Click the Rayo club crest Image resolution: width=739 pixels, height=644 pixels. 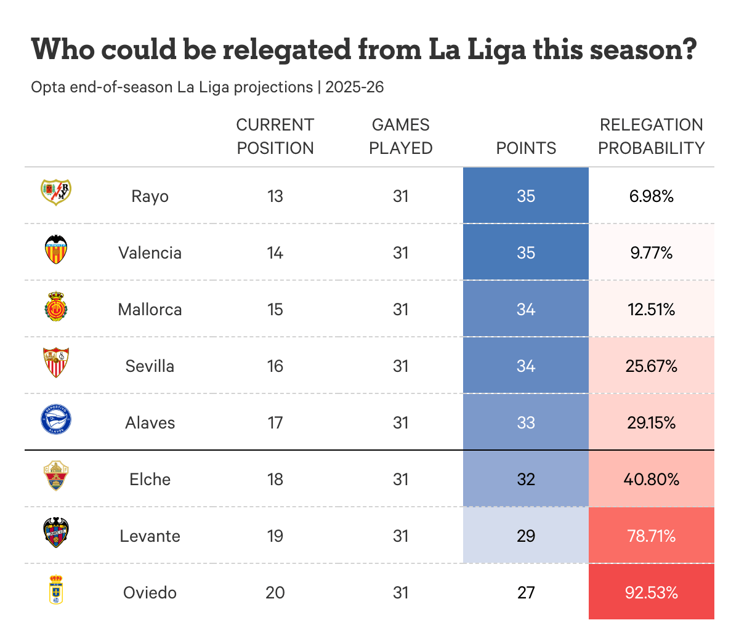tap(56, 192)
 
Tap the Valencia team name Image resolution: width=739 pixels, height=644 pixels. tap(150, 253)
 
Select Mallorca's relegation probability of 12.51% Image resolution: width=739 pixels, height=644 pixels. tap(651, 309)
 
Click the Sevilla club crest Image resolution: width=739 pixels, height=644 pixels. tap(56, 363)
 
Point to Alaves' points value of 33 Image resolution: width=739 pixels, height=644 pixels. tap(526, 423)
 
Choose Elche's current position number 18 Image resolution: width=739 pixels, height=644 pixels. tap(275, 480)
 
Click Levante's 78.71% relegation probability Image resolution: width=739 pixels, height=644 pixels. tap(651, 536)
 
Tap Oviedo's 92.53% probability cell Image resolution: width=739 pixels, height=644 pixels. tap(651, 593)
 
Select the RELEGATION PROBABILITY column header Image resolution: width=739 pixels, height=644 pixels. tap(651, 137)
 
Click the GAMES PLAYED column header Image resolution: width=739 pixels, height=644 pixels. tap(401, 137)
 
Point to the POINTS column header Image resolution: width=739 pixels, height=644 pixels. tap(526, 148)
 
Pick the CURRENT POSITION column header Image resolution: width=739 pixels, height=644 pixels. tap(275, 137)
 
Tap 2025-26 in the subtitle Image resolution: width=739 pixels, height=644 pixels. tap(355, 87)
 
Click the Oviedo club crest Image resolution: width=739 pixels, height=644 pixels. tap(56, 589)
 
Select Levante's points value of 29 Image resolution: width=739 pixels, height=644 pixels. tap(526, 536)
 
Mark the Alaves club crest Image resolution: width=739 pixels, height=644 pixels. tap(56, 420)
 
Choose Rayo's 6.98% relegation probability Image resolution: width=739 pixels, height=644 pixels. tap(651, 196)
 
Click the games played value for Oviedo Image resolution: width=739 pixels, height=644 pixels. tap(401, 593)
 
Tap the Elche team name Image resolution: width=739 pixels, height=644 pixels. tap(150, 480)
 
